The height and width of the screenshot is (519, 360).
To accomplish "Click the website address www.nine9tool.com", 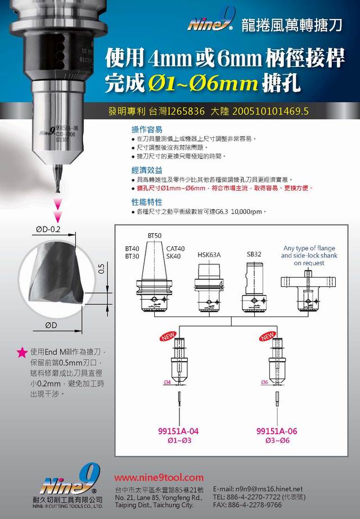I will click(x=159, y=477).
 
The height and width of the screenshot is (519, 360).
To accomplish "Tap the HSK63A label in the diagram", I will click(x=209, y=255).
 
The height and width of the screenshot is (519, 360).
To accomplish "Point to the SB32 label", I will click(x=254, y=254).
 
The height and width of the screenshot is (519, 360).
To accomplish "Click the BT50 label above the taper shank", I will click(x=154, y=234).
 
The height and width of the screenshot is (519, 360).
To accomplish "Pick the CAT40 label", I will click(x=176, y=248).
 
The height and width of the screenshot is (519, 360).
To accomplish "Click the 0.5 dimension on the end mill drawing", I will click(x=101, y=269).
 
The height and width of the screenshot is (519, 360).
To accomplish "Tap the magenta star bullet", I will click(x=22, y=353).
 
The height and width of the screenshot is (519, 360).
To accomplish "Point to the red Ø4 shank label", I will click(x=166, y=382).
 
